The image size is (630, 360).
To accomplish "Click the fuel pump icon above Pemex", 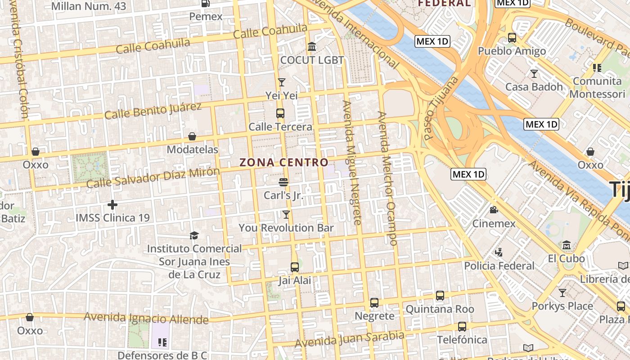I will pyautogui.click(x=206, y=4).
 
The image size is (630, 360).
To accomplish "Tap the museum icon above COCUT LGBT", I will pyautogui.click(x=312, y=47).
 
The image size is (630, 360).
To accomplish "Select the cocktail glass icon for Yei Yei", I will pyautogui.click(x=282, y=82).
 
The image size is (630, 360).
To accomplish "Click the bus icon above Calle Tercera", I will pyautogui.click(x=280, y=113).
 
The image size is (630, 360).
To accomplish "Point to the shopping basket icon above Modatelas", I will pyautogui.click(x=192, y=136).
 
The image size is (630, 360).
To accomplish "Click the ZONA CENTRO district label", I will pyautogui.click(x=283, y=162).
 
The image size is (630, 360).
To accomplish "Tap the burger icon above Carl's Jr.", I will pyautogui.click(x=283, y=182).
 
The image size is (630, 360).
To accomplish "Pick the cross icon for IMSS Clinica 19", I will pyautogui.click(x=112, y=205).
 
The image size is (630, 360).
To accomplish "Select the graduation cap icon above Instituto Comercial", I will pyautogui.click(x=194, y=235).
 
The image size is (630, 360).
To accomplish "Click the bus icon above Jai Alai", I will pyautogui.click(x=295, y=267).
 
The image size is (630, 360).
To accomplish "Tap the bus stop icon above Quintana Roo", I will pyautogui.click(x=440, y=296).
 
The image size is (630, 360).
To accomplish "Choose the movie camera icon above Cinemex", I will pyautogui.click(x=494, y=210).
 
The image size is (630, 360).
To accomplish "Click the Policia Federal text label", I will pyautogui.click(x=499, y=266).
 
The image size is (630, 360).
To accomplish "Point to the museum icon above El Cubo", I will pyautogui.click(x=566, y=245).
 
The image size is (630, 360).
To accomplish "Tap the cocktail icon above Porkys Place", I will pyautogui.click(x=562, y=293).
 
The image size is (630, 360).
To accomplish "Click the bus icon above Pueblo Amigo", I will pyautogui.click(x=512, y=38).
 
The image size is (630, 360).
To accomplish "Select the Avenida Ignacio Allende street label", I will pyautogui.click(x=146, y=318).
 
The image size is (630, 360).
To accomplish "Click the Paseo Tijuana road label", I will pyautogui.click(x=441, y=108).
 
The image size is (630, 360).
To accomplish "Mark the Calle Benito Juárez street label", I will pyautogui.click(x=153, y=111).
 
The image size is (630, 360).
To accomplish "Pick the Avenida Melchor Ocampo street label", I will pyautogui.click(x=387, y=178).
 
